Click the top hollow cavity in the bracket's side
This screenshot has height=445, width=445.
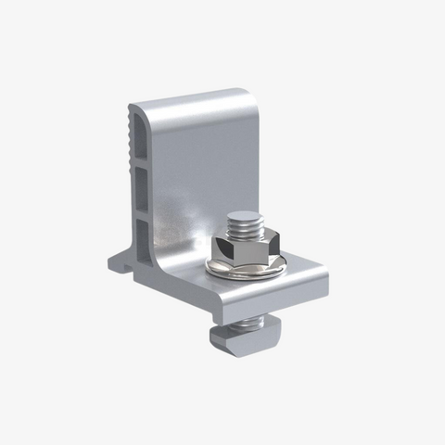(x=136, y=139)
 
